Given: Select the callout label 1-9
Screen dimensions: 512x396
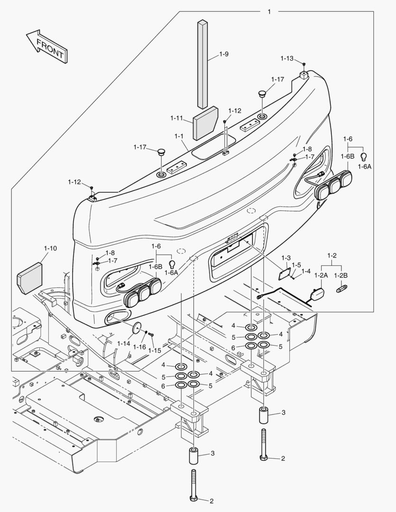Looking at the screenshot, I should pyautogui.click(x=224, y=54).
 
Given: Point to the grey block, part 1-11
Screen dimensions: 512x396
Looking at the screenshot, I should pyautogui.click(x=205, y=122).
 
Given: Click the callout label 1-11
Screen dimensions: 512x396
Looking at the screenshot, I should pyautogui.click(x=176, y=117).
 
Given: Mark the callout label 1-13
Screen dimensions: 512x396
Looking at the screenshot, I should pyautogui.click(x=286, y=58).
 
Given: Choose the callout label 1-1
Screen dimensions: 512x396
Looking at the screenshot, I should pyautogui.click(x=179, y=136).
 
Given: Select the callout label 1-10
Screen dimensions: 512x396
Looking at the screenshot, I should pyautogui.click(x=50, y=248).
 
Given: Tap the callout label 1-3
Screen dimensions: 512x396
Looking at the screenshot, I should pyautogui.click(x=285, y=257).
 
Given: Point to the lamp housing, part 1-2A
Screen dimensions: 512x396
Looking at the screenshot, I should pyautogui.click(x=316, y=294).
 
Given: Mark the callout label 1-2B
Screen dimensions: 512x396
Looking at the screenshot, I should pyautogui.click(x=341, y=275).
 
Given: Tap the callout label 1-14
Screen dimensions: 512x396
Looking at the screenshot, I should pyautogui.click(x=124, y=343).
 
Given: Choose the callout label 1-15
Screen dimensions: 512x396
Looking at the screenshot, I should pyautogui.click(x=155, y=350).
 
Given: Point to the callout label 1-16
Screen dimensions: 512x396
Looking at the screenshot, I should pyautogui.click(x=139, y=347).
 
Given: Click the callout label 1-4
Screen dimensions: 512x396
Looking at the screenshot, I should pyautogui.click(x=306, y=271).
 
